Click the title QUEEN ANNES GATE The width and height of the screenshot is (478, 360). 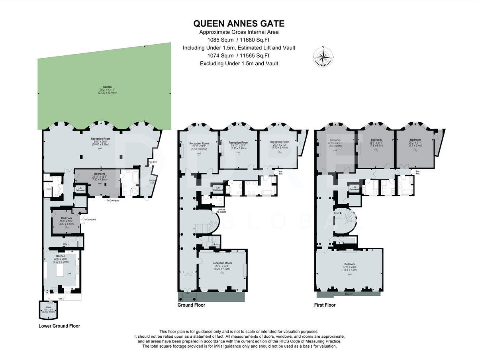tap(239, 23)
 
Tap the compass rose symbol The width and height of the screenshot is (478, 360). tap(323, 56)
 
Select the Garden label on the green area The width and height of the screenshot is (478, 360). tap(106, 86)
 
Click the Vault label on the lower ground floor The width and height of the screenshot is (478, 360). tap(48, 307)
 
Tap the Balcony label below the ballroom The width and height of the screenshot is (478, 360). tap(349, 294)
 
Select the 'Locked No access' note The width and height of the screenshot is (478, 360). tap(221, 211)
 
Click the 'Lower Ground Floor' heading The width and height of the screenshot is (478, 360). tap(59, 326)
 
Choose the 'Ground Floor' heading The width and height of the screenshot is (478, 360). tap(191, 305)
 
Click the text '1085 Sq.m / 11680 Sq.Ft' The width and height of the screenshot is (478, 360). tap(239, 40)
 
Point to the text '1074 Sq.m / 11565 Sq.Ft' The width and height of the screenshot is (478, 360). tap(239, 56)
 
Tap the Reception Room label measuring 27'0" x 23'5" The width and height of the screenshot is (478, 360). tap(222, 263)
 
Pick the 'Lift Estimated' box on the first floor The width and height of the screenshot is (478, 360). tap(353, 188)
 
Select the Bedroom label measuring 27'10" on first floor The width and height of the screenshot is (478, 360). tap(335, 140)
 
